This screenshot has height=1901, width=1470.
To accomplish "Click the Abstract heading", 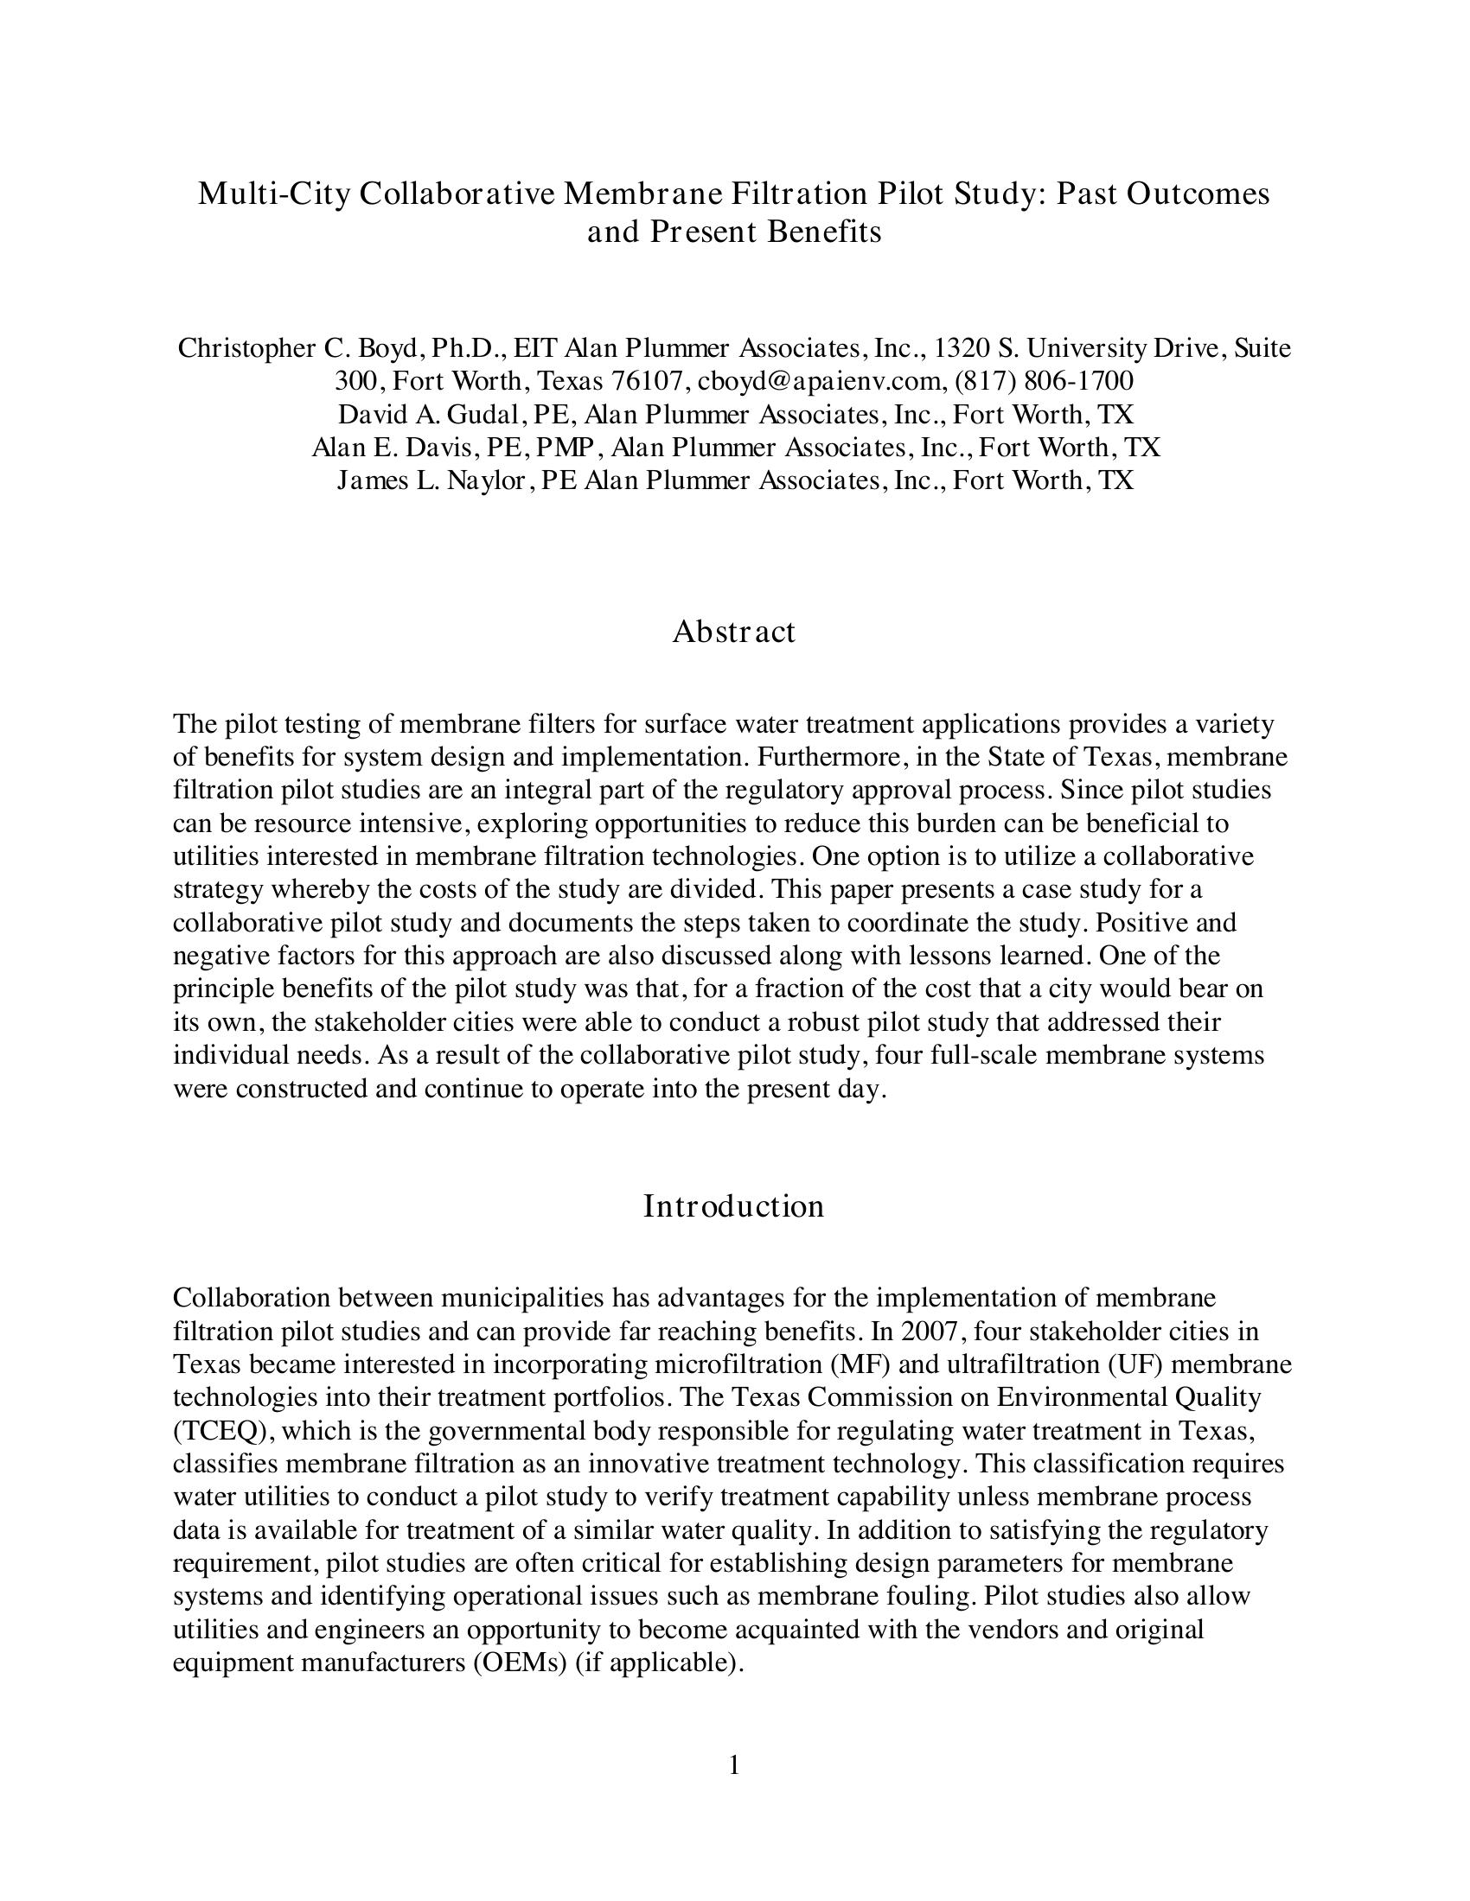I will point(733,631).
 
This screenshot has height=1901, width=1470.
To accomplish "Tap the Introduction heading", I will point(733,1205).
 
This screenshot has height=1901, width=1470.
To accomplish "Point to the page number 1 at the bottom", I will point(734,1764).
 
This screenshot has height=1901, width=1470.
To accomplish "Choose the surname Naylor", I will point(487,480).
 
